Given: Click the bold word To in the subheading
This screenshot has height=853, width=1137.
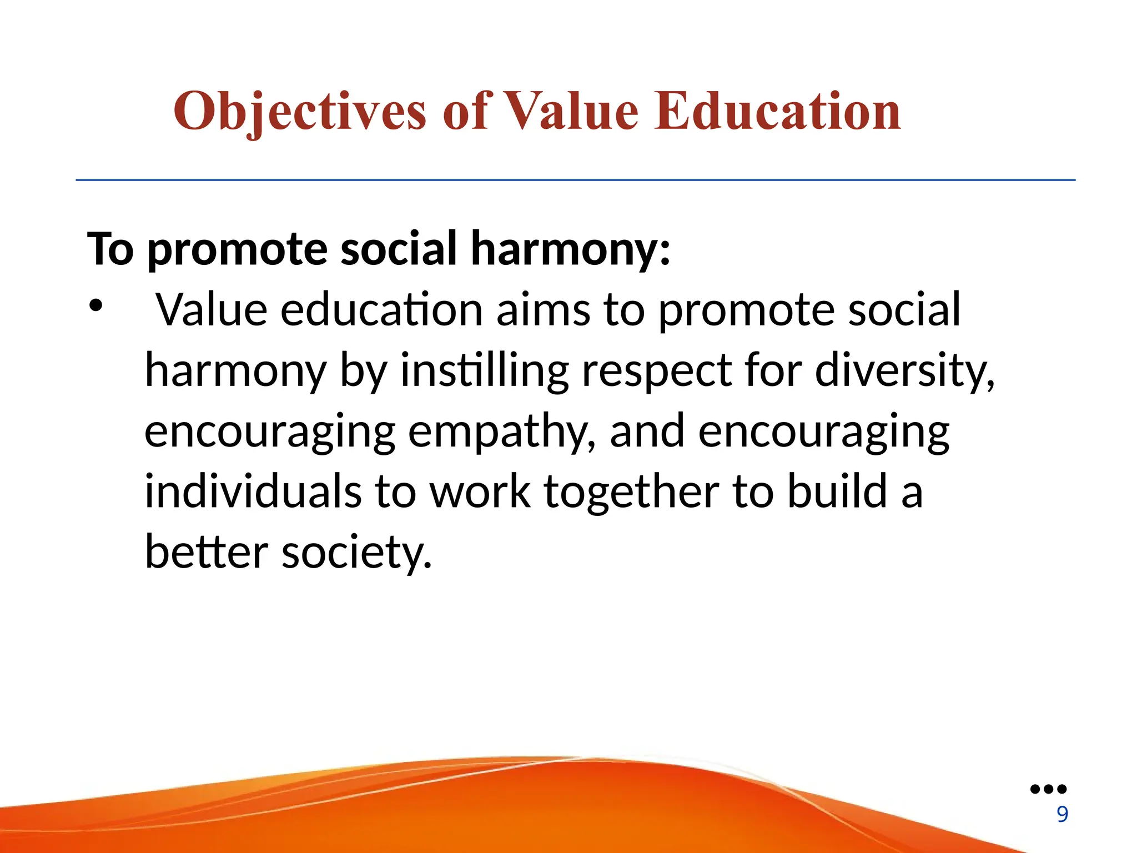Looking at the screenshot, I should [110, 249].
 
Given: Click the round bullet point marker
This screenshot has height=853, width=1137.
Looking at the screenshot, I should [95, 305].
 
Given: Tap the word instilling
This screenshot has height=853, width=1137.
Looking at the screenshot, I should [484, 371].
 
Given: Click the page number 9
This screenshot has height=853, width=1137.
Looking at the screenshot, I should [1062, 814].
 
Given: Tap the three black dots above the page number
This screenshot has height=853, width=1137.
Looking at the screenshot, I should [1048, 789].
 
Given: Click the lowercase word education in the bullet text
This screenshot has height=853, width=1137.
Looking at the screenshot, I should [381, 310].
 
